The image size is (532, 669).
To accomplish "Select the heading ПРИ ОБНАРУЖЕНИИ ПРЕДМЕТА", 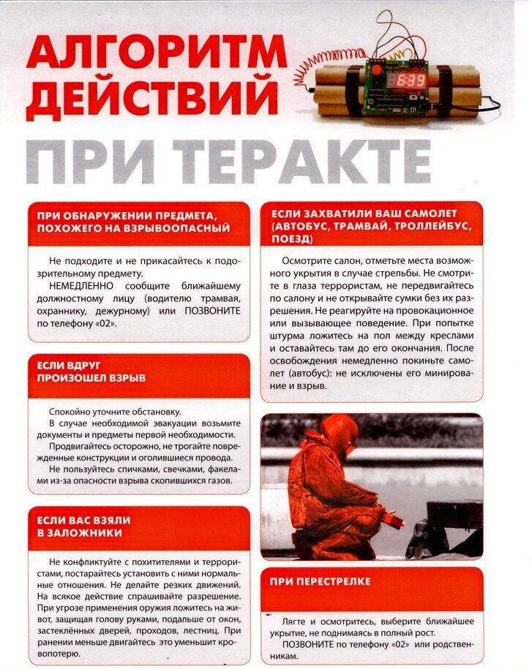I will pyautogui.click(x=128, y=214).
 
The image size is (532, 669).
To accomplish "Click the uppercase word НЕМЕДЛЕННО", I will pyautogui.click(x=80, y=285).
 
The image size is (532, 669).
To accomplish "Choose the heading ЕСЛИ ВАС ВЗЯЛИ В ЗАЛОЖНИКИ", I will pyautogui.click(x=83, y=526).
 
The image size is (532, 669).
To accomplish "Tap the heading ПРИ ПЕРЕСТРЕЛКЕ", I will pyautogui.click(x=320, y=581).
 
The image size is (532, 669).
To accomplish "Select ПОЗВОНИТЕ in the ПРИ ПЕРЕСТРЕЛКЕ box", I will pyautogui.click(x=307, y=645).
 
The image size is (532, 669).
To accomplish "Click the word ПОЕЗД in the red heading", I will pyautogui.click(x=291, y=238).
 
